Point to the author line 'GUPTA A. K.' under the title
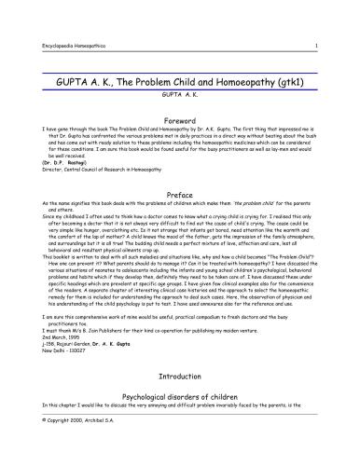[180, 94]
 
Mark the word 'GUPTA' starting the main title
[64, 83]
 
